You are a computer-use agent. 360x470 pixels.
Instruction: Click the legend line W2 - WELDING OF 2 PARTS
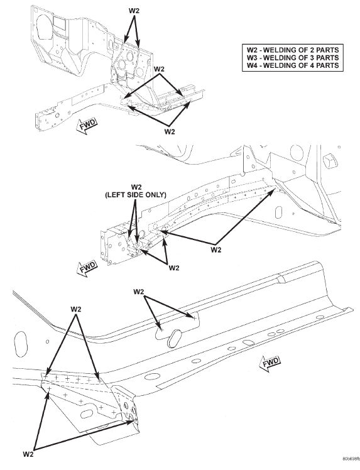click(293, 50)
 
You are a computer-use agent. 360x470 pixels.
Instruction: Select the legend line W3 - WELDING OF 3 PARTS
click(293, 58)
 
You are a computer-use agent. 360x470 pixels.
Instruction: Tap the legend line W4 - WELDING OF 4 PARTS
click(293, 65)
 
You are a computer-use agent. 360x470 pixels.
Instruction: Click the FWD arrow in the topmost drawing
click(87, 126)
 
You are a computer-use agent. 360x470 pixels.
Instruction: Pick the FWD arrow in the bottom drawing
click(270, 364)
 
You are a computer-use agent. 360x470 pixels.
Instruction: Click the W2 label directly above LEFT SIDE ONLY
click(136, 187)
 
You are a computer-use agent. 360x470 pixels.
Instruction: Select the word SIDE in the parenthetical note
click(134, 195)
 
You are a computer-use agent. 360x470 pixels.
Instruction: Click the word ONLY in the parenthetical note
click(155, 195)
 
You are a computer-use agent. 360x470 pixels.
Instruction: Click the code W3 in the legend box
click(252, 58)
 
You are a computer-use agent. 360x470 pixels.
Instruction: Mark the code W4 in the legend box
click(252, 65)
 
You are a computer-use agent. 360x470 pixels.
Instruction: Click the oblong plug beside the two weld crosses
click(175, 339)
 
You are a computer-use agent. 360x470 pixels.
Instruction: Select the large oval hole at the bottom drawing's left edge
click(21, 344)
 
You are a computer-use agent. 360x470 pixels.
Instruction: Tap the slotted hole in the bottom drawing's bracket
click(88, 414)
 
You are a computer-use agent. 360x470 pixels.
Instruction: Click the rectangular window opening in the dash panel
click(59, 23)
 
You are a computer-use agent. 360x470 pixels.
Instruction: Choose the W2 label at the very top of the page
click(134, 11)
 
